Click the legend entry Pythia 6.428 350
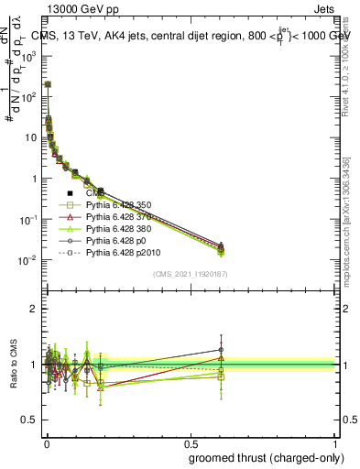(115, 205)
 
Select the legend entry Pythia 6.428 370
(115, 216)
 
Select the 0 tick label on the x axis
(46, 442)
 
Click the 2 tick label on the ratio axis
(32, 309)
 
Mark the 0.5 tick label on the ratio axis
(27, 420)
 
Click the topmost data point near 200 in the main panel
(48, 84)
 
